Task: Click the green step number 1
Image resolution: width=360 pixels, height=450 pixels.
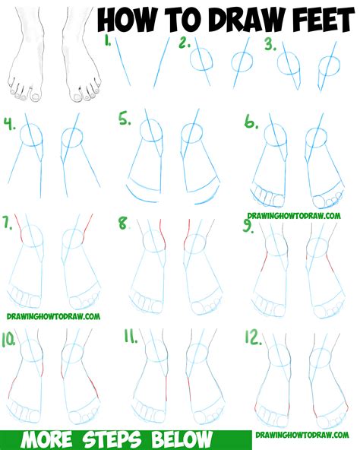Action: (108, 42)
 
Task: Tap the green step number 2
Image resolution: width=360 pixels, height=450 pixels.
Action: (185, 43)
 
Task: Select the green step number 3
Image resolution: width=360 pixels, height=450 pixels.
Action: (270, 45)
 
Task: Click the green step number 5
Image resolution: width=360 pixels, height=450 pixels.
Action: (125, 119)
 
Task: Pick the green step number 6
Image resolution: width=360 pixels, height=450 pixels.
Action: (251, 122)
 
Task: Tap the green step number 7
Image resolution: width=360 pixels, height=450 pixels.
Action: (8, 223)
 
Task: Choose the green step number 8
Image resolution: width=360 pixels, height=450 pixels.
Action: (124, 223)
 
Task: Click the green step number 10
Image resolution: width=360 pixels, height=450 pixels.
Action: (8, 340)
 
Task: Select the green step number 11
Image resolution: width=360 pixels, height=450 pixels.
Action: (131, 336)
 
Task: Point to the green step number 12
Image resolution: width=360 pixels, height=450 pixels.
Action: (253, 337)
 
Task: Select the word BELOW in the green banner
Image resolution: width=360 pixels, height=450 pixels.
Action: (182, 440)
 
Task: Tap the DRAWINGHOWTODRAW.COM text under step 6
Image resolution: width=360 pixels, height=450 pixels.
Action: (294, 216)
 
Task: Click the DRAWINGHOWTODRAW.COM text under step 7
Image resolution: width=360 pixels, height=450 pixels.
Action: (53, 316)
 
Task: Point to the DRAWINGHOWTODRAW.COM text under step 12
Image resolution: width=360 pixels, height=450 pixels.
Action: (302, 435)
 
